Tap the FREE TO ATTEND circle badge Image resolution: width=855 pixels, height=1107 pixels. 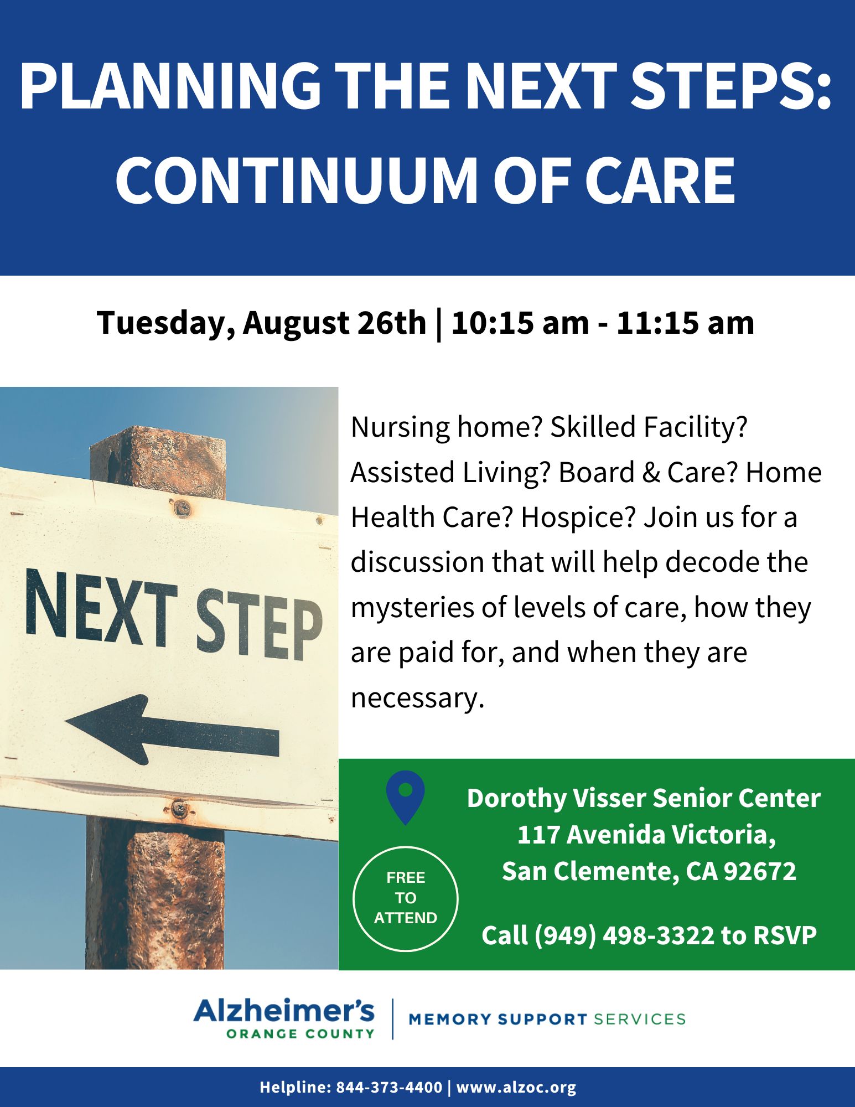(405, 899)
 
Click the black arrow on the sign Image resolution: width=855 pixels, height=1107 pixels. (172, 730)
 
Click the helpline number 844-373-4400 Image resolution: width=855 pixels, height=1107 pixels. (389, 1087)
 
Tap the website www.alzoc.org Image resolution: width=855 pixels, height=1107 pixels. (516, 1087)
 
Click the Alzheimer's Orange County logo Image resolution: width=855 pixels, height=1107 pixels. (284, 1018)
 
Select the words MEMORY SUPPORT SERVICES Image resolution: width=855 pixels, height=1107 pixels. (547, 1019)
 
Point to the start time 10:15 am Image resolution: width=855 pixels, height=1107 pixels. (520, 322)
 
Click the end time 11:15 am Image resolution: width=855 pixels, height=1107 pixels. (685, 322)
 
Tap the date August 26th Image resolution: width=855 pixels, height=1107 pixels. (334, 323)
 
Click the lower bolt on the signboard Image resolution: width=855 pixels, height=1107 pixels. (178, 809)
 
